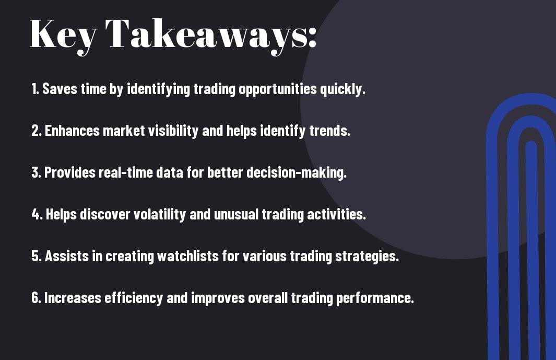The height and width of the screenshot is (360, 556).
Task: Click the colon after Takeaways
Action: [312, 38]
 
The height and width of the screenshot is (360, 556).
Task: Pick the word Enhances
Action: [73, 131]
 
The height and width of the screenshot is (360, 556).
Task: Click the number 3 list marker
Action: [36, 172]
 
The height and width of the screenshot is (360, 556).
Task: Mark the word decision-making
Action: [297, 173]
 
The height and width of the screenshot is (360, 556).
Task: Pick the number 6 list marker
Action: [36, 298]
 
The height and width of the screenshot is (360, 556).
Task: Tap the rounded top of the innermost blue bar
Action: [531, 146]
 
